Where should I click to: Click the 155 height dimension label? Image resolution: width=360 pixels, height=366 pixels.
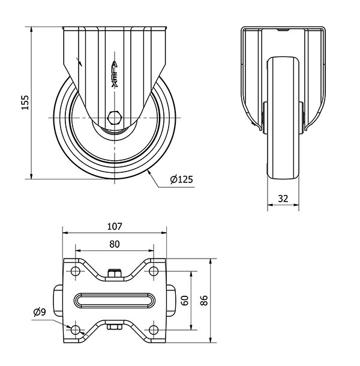tap(25, 102)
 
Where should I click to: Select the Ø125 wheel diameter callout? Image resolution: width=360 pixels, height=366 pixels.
tap(181, 179)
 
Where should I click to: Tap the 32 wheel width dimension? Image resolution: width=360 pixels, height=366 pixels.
tap(283, 199)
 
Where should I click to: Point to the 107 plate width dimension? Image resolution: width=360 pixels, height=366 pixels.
tap(115, 226)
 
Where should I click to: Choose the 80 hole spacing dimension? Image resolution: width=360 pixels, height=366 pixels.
tap(115, 244)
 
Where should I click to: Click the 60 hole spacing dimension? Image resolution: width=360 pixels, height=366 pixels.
tap(185, 301)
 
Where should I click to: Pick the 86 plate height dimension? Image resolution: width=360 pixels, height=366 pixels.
tap(203, 301)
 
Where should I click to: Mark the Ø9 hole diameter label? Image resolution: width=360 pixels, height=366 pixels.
tap(40, 312)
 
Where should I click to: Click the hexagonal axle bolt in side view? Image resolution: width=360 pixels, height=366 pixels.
tap(114, 118)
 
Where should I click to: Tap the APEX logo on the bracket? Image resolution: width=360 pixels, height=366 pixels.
tap(114, 74)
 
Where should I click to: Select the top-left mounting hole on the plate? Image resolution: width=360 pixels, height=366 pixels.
tap(75, 271)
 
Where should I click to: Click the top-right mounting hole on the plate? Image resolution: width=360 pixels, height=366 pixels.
tap(153, 271)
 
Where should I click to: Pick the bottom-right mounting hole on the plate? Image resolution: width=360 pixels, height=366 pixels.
tap(153, 330)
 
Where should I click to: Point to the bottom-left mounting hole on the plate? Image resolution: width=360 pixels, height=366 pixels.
tap(75, 330)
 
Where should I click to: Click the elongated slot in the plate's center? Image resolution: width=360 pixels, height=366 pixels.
tap(114, 301)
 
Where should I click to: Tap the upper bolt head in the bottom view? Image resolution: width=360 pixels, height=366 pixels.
tap(115, 273)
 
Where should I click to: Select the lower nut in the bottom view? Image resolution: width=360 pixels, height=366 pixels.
tap(115, 326)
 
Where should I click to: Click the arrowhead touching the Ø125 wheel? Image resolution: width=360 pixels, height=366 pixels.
tap(149, 173)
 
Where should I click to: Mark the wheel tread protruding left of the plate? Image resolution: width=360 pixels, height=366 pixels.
tap(58, 301)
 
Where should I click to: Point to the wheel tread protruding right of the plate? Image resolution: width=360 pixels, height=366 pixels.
tap(170, 301)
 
